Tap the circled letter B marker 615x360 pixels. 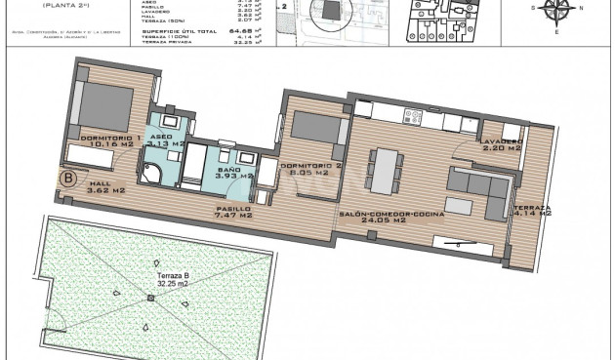tap(68, 179)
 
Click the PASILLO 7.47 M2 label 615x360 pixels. tap(232, 214)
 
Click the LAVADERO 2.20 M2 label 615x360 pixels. tap(502, 145)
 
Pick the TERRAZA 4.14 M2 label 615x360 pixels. tap(533, 212)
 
